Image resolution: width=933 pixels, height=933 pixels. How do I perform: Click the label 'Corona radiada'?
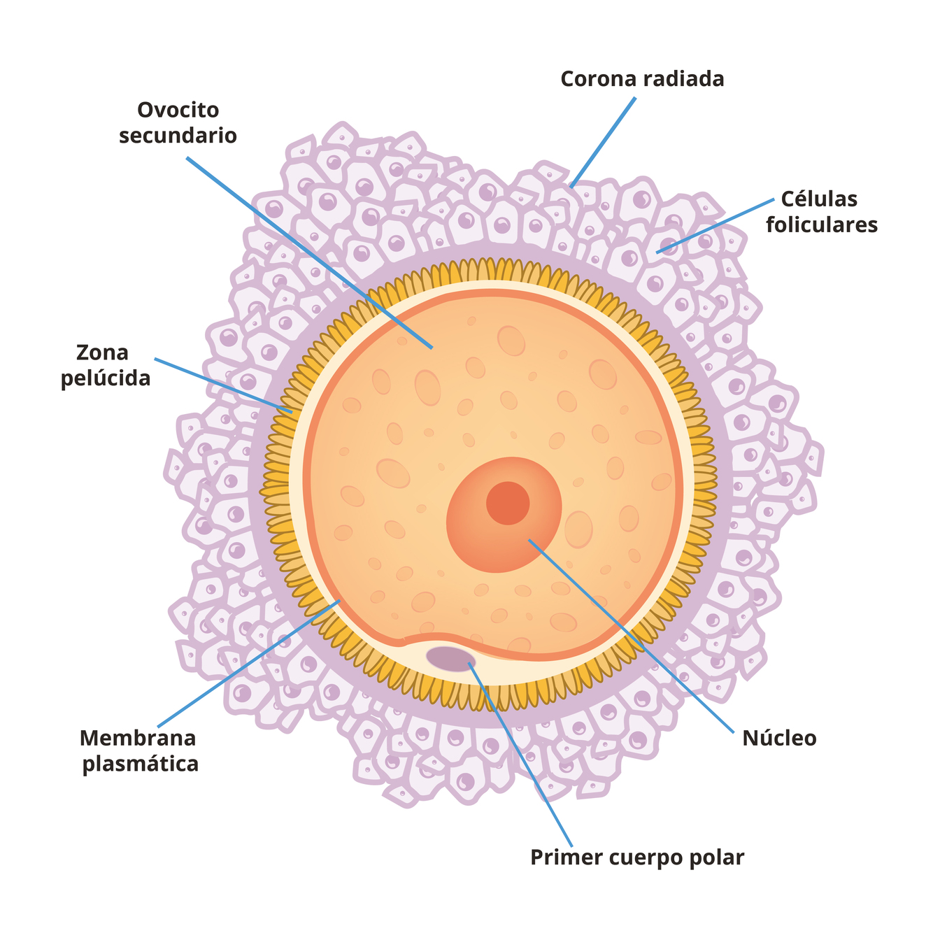click(642, 79)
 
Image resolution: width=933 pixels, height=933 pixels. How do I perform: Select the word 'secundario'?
click(178, 135)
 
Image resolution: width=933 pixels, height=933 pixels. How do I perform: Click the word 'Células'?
click(819, 199)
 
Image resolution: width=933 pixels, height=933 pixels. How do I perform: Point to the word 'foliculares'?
click(821, 225)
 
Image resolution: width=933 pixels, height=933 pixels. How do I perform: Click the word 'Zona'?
click(102, 352)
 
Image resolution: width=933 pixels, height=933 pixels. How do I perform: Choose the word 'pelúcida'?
click(106, 378)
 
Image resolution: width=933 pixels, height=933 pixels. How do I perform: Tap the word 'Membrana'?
click(138, 738)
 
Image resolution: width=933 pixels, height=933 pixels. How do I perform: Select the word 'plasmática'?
click(141, 764)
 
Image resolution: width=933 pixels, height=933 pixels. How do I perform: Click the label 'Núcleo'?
click(779, 739)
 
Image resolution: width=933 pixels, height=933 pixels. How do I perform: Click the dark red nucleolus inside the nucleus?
click(508, 503)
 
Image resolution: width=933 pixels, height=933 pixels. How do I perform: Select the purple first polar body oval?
click(450, 658)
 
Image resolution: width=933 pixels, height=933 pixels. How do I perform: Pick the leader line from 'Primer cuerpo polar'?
click(521, 755)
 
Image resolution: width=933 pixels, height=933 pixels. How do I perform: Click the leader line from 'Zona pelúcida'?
click(224, 385)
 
